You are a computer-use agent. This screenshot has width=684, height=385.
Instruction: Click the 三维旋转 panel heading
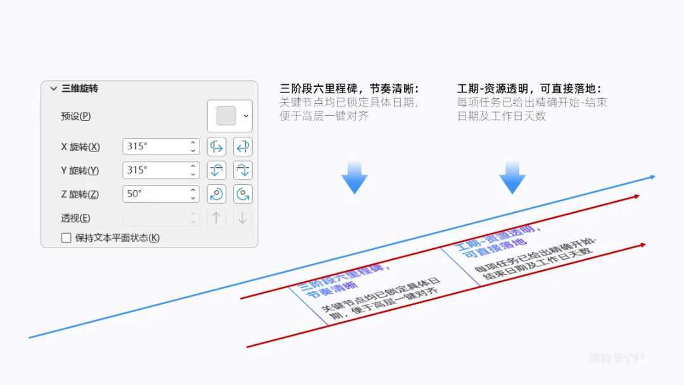(80, 89)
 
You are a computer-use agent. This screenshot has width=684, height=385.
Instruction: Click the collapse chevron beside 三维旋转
(53, 89)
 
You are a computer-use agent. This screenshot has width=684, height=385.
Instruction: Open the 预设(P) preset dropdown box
(229, 116)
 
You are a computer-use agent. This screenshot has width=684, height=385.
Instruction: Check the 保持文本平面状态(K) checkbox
(66, 238)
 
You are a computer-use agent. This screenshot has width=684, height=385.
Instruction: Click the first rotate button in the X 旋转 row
(217, 146)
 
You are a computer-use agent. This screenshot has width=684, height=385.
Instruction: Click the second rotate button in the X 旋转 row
(242, 146)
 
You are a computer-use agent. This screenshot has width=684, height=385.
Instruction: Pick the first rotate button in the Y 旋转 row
(217, 170)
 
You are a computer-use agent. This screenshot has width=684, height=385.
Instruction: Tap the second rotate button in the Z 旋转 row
(242, 194)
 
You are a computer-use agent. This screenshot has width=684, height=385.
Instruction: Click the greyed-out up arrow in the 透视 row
(217, 218)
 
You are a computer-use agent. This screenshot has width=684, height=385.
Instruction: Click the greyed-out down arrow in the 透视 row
(242, 218)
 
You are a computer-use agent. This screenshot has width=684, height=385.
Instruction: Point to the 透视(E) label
(75, 218)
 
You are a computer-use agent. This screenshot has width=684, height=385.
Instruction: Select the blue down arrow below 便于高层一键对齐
(354, 178)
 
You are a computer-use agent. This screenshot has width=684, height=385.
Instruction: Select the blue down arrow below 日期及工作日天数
(512, 178)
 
